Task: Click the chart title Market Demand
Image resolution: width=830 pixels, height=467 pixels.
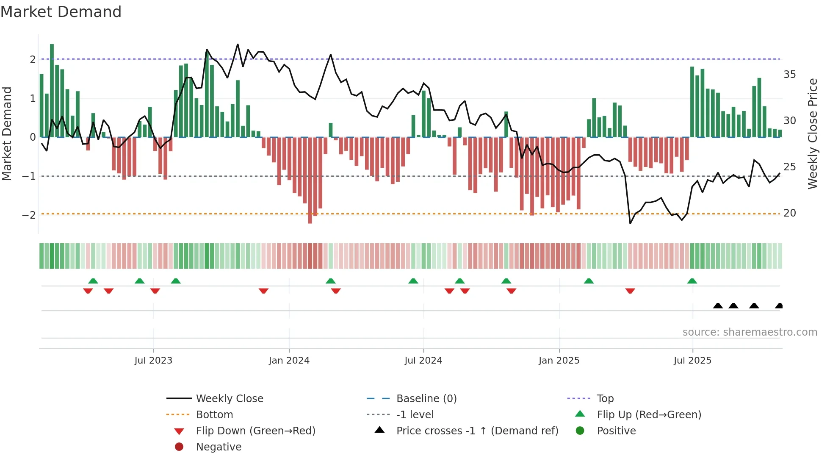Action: click(x=61, y=12)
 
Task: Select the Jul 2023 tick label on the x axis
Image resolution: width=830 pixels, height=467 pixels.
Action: click(x=153, y=361)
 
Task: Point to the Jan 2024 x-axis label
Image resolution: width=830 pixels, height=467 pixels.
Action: click(x=289, y=361)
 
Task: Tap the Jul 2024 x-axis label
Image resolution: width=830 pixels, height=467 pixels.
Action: click(x=423, y=361)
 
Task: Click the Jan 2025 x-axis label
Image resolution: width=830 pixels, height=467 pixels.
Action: click(x=559, y=361)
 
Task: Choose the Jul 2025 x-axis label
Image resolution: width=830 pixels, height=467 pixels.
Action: click(x=692, y=361)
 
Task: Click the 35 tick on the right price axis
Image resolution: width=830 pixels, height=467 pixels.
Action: click(x=789, y=75)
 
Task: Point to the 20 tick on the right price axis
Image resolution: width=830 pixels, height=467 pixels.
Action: click(x=789, y=213)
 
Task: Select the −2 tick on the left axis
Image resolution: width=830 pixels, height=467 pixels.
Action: click(x=29, y=215)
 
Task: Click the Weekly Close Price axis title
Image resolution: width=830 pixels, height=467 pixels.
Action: click(x=812, y=133)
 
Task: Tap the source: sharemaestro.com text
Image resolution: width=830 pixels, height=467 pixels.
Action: click(x=750, y=332)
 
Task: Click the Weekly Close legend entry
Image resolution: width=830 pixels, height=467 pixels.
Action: click(x=229, y=399)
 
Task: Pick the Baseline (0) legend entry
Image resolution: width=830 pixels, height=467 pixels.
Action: click(x=426, y=399)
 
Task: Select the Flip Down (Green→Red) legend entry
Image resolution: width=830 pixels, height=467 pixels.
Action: click(x=255, y=431)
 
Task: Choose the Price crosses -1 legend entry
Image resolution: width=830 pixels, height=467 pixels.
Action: click(x=477, y=431)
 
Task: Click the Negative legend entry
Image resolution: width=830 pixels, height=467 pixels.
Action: click(x=219, y=447)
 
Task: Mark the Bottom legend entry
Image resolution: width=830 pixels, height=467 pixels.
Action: click(x=214, y=415)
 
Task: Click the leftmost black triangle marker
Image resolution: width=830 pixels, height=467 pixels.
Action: click(x=718, y=306)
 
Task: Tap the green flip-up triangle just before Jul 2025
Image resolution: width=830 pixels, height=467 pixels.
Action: click(x=692, y=281)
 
